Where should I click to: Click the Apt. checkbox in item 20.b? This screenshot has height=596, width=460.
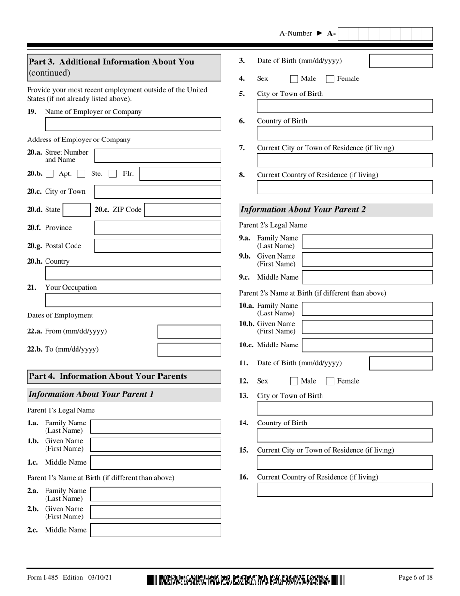click(x=50, y=173)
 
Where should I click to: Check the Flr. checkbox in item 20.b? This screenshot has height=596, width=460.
click(x=113, y=173)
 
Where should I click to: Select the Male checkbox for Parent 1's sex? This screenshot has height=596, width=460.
click(x=293, y=78)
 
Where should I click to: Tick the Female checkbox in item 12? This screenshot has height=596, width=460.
click(x=330, y=381)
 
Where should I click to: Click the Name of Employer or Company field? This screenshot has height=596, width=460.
click(x=133, y=125)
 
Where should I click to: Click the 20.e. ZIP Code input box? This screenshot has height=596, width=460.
click(x=183, y=210)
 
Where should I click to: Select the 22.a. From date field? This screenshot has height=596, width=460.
click(x=189, y=332)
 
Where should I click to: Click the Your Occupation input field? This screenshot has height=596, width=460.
click(x=133, y=300)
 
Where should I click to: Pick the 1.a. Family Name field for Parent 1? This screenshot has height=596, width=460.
click(x=155, y=426)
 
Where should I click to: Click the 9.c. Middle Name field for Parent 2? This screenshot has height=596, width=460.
click(x=367, y=278)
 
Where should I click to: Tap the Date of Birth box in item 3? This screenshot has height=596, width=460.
click(x=401, y=61)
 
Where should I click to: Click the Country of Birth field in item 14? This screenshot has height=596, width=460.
click(x=344, y=435)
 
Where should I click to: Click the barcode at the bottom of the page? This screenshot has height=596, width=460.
click(x=246, y=580)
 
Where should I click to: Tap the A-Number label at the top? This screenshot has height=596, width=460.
click(x=296, y=33)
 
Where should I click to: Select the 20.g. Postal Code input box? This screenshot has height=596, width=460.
click(x=157, y=246)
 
